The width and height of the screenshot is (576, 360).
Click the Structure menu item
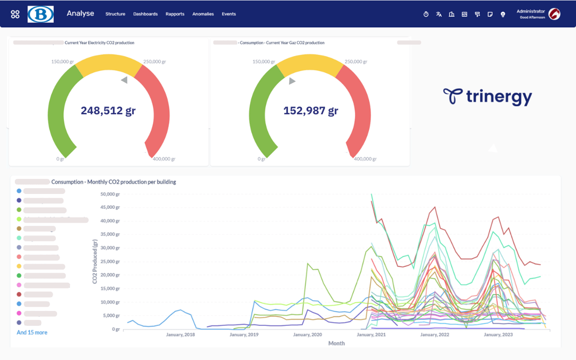[x=115, y=14]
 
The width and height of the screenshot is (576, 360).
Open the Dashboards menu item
[x=145, y=14]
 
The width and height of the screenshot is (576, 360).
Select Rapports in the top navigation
[x=175, y=14]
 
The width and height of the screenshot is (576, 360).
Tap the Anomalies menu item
[x=203, y=14]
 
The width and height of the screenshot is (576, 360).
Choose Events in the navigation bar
[x=229, y=14]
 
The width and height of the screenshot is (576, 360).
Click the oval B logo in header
[x=41, y=14]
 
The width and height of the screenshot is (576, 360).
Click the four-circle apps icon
[x=15, y=14]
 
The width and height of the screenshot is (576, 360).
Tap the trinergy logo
[x=487, y=96]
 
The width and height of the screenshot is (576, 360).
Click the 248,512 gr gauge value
[x=108, y=111]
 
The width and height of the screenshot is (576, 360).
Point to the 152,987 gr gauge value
[x=311, y=111]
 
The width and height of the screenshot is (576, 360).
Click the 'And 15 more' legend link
[x=32, y=332]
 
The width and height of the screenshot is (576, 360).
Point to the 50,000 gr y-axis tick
[x=110, y=194]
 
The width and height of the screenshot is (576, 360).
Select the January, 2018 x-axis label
[x=180, y=335]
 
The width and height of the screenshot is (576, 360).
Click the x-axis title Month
[x=336, y=343]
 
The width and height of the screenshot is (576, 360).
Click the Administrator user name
[x=530, y=11]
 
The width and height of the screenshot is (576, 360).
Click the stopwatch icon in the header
[x=426, y=14]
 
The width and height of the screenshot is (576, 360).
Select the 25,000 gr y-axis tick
[x=110, y=262]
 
